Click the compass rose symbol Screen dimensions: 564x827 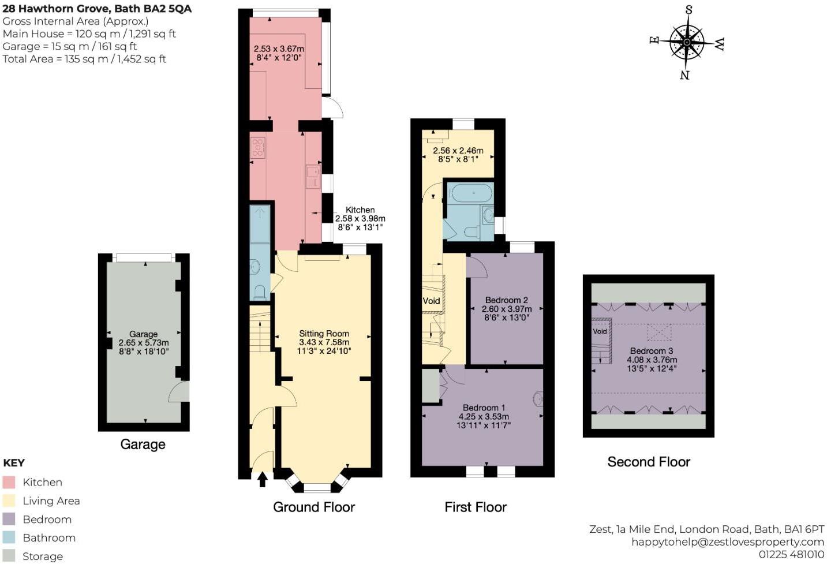point(687,42)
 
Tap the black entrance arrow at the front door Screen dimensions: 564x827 point(263,479)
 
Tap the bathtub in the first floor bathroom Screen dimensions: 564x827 point(471,193)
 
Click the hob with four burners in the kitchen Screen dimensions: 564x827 point(258,147)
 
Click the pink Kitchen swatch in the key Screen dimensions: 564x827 point(9,482)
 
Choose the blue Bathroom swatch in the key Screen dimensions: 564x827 point(9,537)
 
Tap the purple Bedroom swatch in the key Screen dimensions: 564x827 point(9,519)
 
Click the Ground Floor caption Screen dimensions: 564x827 point(313,507)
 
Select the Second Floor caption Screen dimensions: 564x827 point(648,462)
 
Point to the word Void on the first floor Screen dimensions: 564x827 point(431,301)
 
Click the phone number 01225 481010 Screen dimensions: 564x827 point(791,554)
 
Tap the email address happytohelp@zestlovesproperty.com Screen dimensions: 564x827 point(727,541)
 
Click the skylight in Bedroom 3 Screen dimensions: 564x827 point(659,333)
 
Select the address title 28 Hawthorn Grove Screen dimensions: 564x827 point(97,9)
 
